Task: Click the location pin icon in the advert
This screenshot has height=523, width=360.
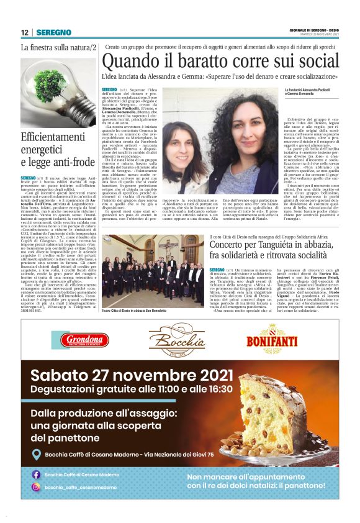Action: (35, 455)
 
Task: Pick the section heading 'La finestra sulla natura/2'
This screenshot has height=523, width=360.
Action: (58, 48)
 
